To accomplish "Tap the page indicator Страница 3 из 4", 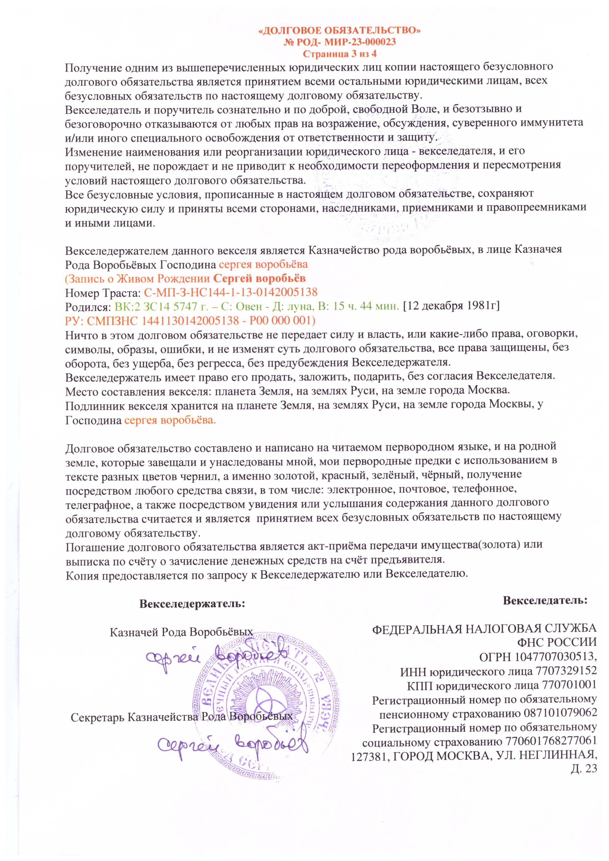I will (x=339, y=54).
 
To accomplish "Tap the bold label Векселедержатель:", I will (x=192, y=604).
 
